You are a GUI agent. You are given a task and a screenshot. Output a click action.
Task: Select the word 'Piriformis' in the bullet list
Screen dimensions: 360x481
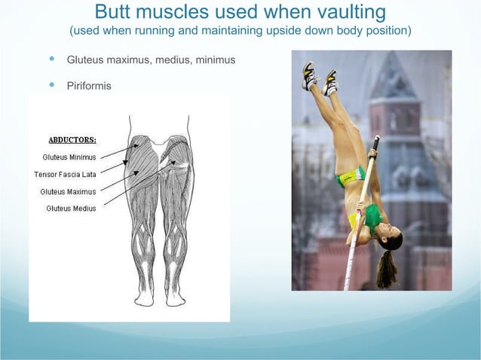coord(89,86)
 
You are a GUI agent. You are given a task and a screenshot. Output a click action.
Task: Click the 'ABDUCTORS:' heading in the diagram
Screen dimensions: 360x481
coord(72,140)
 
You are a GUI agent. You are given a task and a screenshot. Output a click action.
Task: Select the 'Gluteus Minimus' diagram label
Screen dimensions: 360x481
coord(69,157)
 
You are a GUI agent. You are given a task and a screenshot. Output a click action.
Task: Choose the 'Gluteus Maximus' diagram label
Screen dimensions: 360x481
coord(68,191)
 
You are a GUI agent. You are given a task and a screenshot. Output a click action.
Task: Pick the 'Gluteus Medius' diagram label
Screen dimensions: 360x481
coord(71,208)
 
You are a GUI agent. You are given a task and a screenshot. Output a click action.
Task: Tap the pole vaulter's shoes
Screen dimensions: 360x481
coord(320,78)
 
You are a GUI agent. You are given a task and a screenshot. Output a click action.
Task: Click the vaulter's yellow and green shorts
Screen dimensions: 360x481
coord(351,179)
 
